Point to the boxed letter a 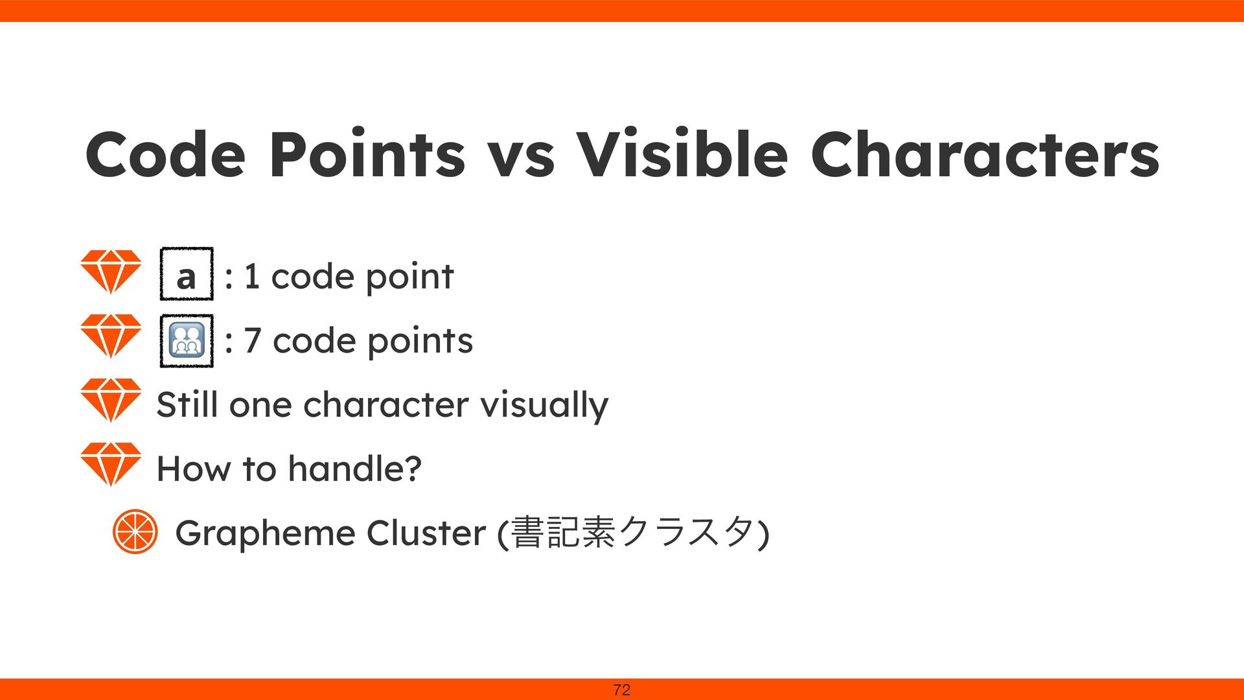186,277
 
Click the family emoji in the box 187,341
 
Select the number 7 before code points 252,341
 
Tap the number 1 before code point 251,277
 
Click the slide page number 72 621,690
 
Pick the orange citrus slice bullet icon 135,531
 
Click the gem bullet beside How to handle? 111,465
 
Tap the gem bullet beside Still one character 111,401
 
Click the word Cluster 426,533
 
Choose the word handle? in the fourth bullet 355,468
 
